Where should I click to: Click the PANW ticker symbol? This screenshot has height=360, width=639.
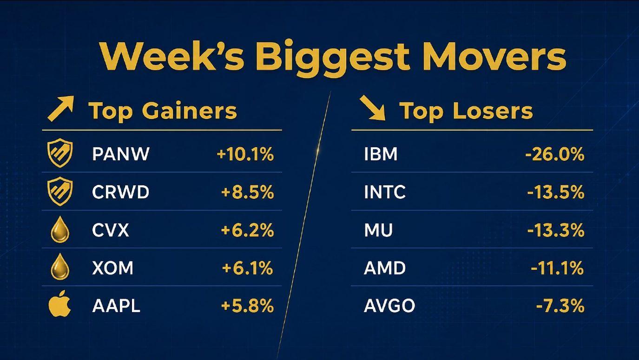point(121,154)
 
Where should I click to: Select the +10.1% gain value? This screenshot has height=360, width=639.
point(245,155)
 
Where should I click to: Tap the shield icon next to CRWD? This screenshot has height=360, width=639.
point(60,191)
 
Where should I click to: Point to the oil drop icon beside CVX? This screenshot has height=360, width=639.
point(60,229)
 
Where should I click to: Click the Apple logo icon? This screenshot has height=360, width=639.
point(60,304)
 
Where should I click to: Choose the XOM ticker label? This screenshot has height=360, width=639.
point(113,268)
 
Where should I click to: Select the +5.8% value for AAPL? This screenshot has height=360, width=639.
point(247,306)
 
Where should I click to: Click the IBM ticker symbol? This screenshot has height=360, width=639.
point(381,154)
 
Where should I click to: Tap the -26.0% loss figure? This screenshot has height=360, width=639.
point(555,155)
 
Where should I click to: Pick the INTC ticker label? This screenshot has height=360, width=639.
point(385,192)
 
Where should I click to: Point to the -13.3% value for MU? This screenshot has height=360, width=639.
point(556,230)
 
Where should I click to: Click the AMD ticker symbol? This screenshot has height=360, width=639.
point(385,268)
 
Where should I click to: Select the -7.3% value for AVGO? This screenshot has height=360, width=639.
point(560,306)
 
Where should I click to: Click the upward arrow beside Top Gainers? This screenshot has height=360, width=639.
point(61,109)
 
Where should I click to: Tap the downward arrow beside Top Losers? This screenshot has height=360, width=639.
point(372,108)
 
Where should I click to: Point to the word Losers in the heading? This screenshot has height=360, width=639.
point(493,111)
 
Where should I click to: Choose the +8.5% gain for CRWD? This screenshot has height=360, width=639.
point(247,192)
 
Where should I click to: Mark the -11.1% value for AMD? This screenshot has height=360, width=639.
point(557,268)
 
